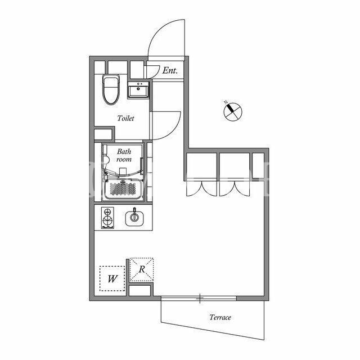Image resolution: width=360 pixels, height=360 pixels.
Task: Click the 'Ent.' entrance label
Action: (x=170, y=70)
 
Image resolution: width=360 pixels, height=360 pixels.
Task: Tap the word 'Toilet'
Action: (x=125, y=118)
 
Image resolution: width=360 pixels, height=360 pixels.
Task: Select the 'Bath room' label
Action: (x=124, y=155)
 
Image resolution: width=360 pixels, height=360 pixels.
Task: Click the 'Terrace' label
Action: (x=220, y=317)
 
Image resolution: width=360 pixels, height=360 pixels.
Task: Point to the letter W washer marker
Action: (x=112, y=279)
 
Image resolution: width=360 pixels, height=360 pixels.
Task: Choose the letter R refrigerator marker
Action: (x=142, y=269)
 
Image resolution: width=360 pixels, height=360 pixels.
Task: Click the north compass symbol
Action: (x=232, y=111)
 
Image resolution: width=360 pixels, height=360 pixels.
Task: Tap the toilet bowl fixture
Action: (x=111, y=89)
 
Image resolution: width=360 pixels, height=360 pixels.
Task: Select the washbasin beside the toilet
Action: (x=138, y=90)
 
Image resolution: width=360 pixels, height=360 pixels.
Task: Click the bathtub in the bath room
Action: (x=123, y=189)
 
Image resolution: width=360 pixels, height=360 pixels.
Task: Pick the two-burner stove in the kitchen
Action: (x=107, y=218)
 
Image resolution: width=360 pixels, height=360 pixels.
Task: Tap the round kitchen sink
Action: (x=134, y=218)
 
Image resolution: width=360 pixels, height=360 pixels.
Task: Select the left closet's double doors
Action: (x=201, y=189)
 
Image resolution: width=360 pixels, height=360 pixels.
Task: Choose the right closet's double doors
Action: (x=235, y=189)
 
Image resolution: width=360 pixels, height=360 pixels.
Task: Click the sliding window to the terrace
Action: (x=199, y=298)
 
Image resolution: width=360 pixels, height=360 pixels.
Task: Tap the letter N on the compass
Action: (x=226, y=102)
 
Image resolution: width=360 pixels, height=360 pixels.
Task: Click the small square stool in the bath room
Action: (x=123, y=171)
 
